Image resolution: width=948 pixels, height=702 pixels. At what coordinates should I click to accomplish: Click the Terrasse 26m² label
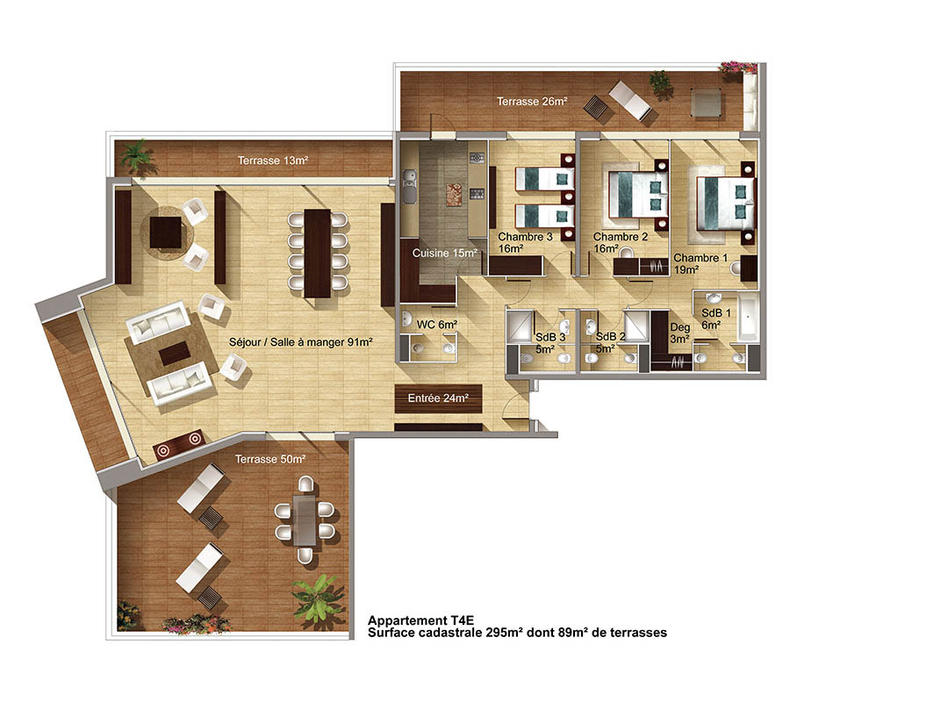[x=532, y=102]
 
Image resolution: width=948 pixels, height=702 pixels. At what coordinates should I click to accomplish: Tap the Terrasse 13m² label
[x=273, y=161]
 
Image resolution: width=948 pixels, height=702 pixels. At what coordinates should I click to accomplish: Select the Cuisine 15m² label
[x=445, y=253]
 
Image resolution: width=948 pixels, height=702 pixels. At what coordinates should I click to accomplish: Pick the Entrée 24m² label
[x=438, y=398]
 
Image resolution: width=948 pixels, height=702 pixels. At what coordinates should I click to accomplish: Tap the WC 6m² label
[x=436, y=325]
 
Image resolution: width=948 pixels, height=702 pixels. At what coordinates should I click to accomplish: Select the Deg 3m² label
[x=679, y=333]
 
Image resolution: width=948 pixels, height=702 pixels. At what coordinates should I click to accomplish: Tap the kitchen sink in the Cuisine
[x=409, y=187]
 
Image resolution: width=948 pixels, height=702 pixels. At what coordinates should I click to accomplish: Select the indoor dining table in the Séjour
[x=317, y=253]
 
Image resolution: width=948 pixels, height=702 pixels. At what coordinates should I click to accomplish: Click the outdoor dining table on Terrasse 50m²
[x=304, y=520]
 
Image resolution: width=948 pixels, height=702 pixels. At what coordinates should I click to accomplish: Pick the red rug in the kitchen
[x=455, y=195]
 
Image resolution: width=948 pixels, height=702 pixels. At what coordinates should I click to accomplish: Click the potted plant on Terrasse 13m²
[x=137, y=155]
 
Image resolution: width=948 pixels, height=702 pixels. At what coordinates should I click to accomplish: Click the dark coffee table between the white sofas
[x=174, y=353]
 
